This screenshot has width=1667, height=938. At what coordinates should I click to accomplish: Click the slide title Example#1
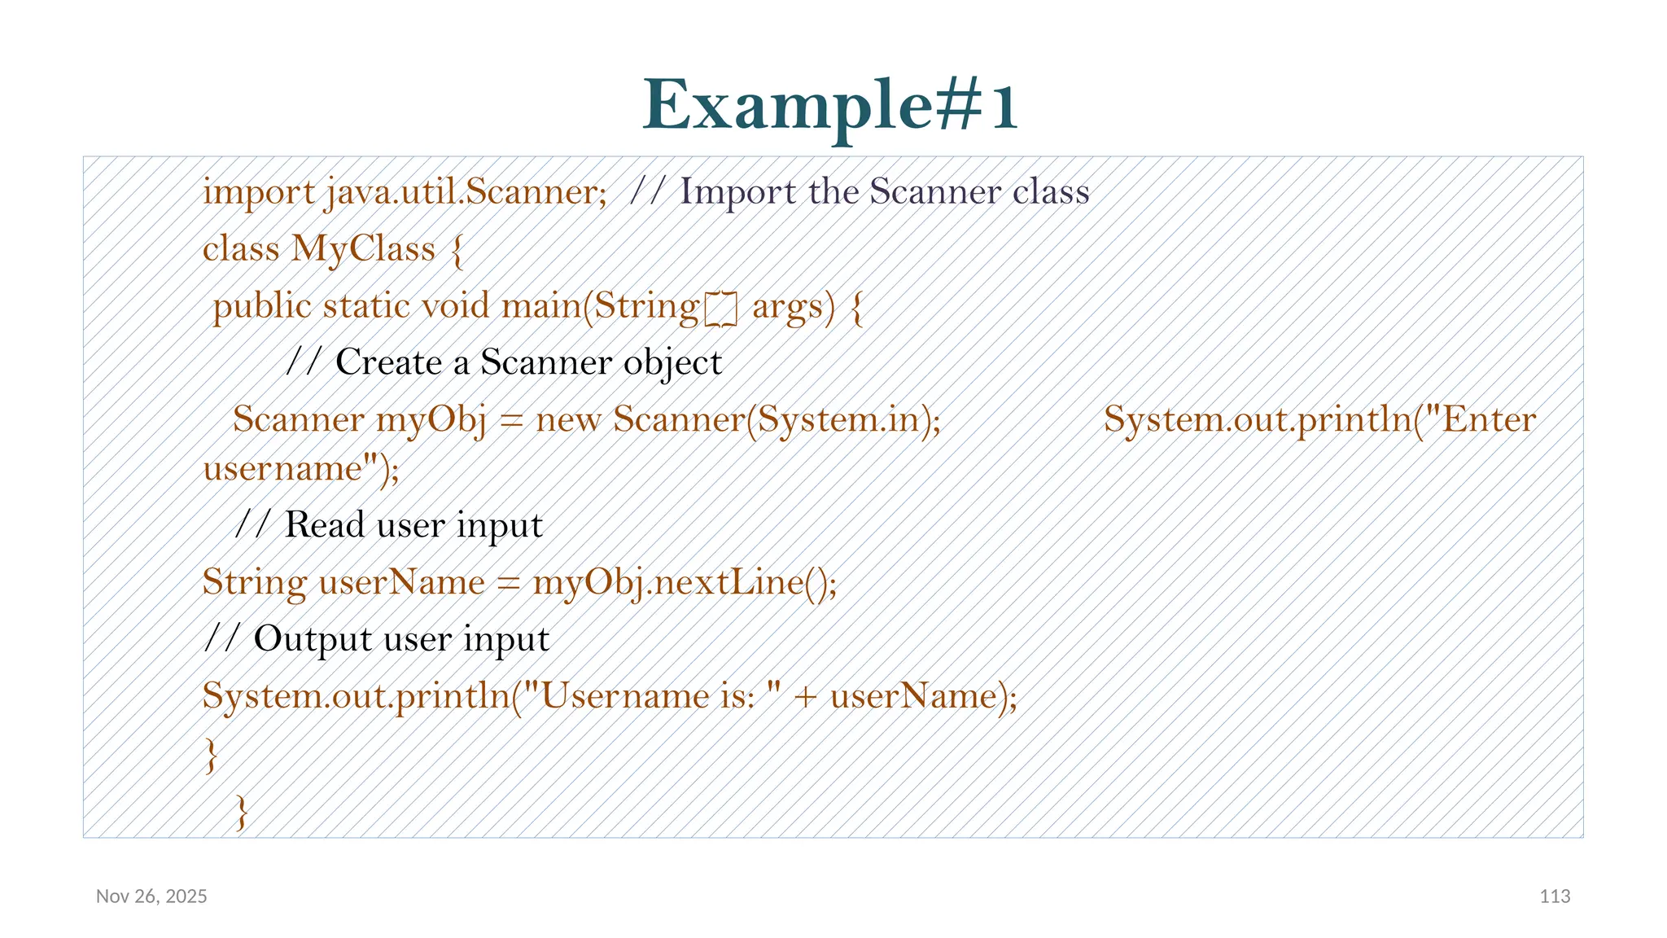tap(830, 106)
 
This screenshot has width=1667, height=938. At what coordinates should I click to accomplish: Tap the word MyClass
tap(363, 249)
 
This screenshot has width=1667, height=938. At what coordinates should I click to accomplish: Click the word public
tap(262, 307)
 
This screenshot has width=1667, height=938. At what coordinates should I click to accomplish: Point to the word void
tap(455, 307)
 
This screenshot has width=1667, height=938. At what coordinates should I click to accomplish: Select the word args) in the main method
tap(794, 307)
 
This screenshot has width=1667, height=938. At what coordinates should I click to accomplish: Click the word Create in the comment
tap(388, 362)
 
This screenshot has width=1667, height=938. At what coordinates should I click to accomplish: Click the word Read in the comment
tap(324, 525)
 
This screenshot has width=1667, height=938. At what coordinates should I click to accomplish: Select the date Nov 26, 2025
tap(151, 896)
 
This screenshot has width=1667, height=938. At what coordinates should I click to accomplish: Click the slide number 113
tap(1555, 896)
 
